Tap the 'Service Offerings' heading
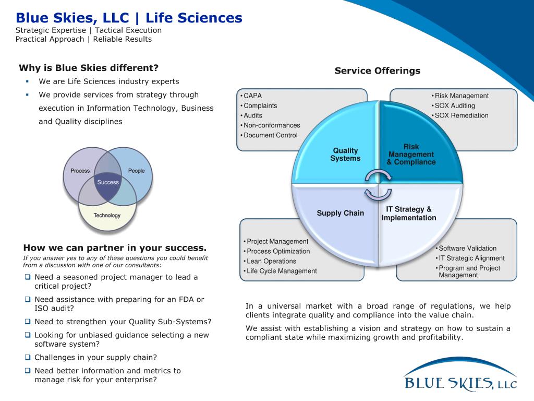point(377,70)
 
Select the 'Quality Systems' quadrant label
point(345,155)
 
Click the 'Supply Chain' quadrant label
point(340,213)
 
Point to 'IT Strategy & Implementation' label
point(409,214)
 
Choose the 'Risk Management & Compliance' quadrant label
point(411,155)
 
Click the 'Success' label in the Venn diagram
point(108,182)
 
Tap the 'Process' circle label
point(80,171)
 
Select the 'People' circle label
point(137,171)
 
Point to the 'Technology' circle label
point(107,215)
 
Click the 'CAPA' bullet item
point(253,96)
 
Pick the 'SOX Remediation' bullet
point(462,115)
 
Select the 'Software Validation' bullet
point(467,248)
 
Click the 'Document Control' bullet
point(271,135)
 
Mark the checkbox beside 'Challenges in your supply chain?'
point(28,357)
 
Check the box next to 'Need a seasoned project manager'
point(28,277)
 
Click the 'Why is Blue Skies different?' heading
point(89,68)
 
